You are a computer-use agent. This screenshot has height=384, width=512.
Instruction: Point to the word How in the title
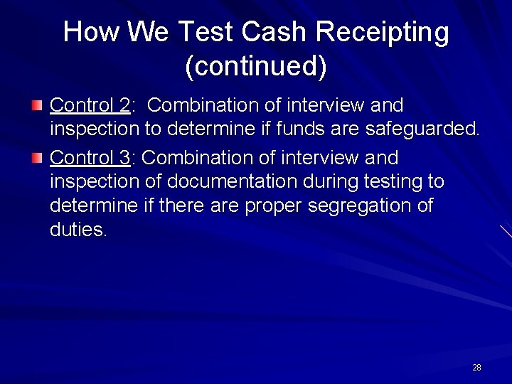coord(91,33)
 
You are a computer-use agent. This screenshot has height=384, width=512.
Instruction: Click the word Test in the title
coord(206,33)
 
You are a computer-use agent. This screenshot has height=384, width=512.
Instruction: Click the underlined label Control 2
coord(90,105)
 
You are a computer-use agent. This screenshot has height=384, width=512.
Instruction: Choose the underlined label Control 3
coord(90,158)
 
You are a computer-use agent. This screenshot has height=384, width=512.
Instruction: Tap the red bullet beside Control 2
coord(37,106)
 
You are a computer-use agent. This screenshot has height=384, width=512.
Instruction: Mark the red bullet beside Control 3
coord(37,158)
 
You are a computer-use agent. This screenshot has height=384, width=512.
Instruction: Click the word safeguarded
coord(422,129)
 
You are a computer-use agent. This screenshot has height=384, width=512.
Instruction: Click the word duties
coord(78,230)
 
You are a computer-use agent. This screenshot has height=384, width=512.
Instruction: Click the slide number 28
coord(476,368)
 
